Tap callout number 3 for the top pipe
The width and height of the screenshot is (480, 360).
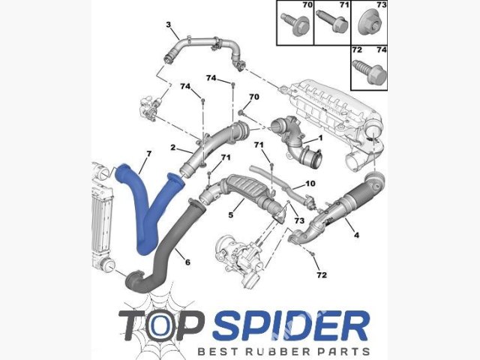point(169,24)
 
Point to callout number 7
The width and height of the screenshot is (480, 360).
point(148,154)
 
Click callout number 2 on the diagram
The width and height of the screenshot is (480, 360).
point(173,148)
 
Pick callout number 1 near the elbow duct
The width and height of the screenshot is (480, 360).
point(320,138)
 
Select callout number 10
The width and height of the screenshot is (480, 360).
point(310,183)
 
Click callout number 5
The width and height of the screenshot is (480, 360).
point(231,215)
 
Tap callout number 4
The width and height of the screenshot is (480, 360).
point(356,235)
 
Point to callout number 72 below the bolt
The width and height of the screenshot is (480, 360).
point(322,275)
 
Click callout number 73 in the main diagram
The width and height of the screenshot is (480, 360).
point(299,220)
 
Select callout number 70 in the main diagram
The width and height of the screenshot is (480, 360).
point(254,97)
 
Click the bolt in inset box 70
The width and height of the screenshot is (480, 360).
point(295,24)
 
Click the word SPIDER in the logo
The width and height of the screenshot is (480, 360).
point(292,325)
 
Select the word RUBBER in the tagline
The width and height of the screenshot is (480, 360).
point(282,352)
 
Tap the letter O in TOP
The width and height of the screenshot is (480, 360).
point(160,325)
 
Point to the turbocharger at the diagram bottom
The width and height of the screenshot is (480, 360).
point(241,260)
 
